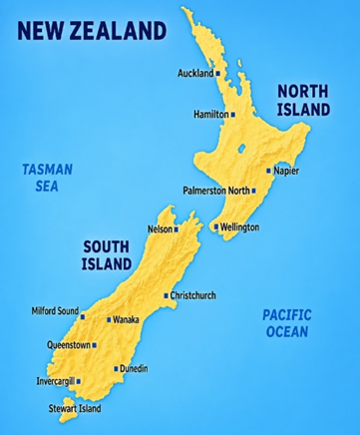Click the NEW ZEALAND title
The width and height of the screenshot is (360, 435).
(90, 30)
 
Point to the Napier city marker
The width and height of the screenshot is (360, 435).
(267, 171)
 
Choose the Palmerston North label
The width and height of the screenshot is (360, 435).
(216, 190)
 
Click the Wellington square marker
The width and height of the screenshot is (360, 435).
(215, 226)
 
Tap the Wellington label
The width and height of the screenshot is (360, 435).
(239, 226)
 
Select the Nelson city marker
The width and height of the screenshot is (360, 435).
(177, 229)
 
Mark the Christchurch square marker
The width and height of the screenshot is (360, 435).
(166, 296)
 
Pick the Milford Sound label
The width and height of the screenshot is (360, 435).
(54, 312)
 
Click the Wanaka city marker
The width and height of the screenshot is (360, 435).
(109, 320)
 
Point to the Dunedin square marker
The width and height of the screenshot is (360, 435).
(116, 369)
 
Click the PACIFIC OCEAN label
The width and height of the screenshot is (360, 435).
(287, 322)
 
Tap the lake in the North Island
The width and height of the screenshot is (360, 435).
(242, 152)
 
